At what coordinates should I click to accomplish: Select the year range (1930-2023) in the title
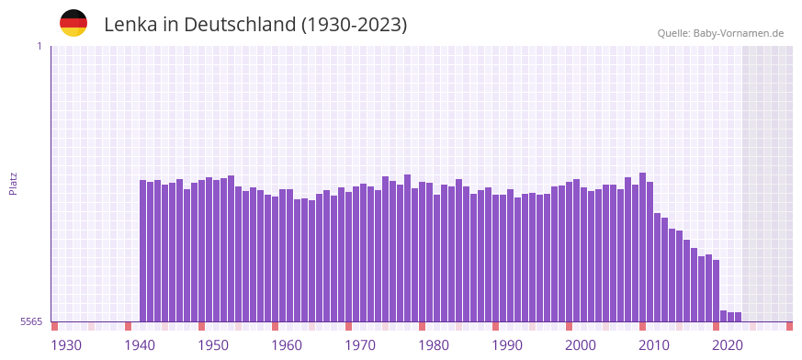(354, 25)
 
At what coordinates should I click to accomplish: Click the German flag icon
(73, 23)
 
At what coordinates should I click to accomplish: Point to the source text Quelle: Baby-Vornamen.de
(720, 33)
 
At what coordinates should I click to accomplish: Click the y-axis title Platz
(13, 183)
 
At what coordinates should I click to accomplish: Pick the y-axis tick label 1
(40, 46)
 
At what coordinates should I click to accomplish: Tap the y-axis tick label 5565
(31, 321)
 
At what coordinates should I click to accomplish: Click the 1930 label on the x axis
(66, 345)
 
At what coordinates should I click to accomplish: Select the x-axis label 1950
(213, 345)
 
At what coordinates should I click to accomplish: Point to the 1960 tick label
(287, 345)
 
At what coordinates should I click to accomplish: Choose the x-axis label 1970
(360, 345)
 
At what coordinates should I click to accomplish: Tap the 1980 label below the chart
(434, 345)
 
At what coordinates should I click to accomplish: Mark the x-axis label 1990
(507, 345)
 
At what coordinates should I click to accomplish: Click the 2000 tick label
(581, 345)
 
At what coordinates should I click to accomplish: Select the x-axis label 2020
(728, 345)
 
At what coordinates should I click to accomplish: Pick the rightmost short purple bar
(738, 317)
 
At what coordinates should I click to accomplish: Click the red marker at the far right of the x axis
(789, 326)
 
